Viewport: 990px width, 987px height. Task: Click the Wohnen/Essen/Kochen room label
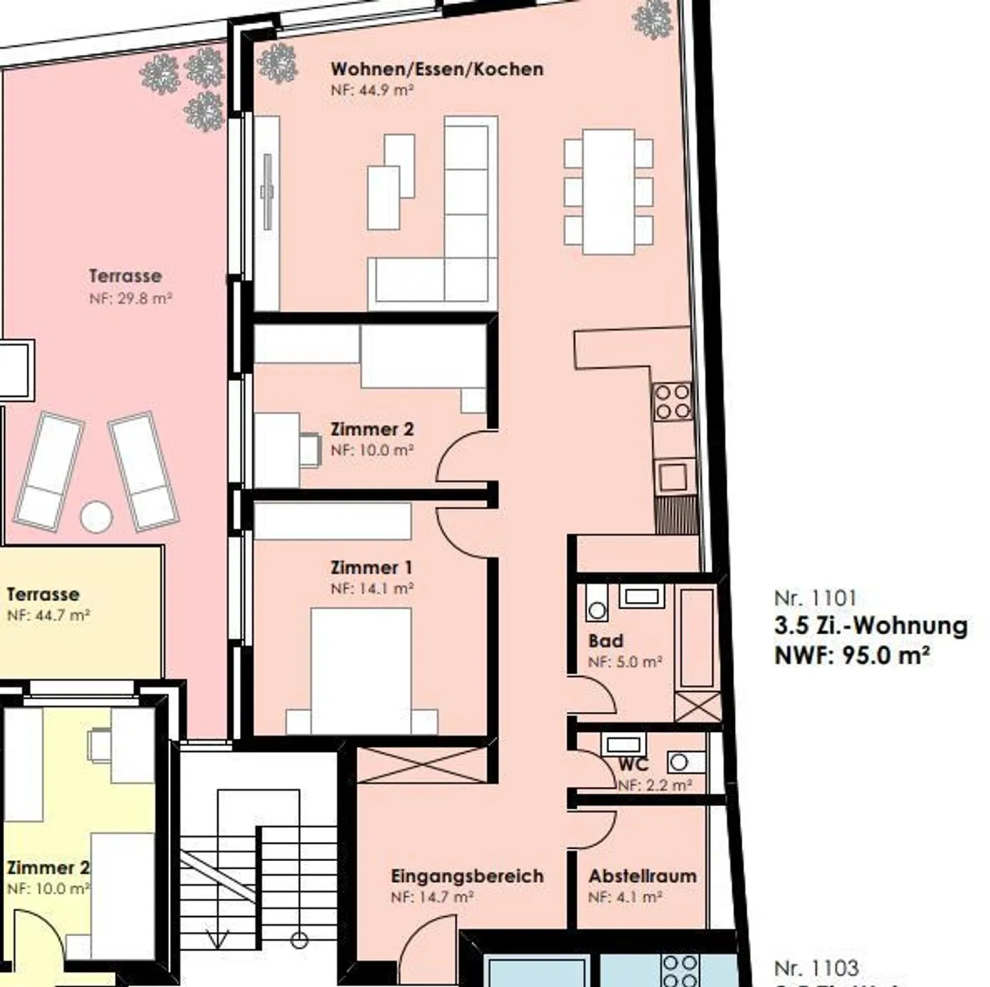[x=437, y=69]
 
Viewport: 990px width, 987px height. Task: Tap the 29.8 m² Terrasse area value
[x=130, y=299]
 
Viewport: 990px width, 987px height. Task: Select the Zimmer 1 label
[x=371, y=568]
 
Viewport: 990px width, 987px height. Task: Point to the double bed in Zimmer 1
[x=361, y=671]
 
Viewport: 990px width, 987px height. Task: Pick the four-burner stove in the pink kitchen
[x=672, y=402]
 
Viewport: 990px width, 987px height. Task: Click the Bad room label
[x=606, y=641]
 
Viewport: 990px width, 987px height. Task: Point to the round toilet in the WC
[x=679, y=761]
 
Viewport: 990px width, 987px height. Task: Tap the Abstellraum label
[x=642, y=876]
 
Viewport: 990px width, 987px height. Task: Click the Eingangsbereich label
[x=467, y=876]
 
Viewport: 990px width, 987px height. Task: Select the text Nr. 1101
[x=815, y=598]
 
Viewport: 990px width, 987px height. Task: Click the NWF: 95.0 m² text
[x=852, y=655]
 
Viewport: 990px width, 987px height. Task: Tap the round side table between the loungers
[x=96, y=517]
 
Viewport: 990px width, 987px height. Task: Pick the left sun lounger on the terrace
[x=49, y=471]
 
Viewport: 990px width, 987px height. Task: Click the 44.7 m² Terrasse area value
[x=48, y=616]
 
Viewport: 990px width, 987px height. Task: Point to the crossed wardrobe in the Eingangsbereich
[x=422, y=765]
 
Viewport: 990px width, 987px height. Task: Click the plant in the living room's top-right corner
[x=652, y=19]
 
